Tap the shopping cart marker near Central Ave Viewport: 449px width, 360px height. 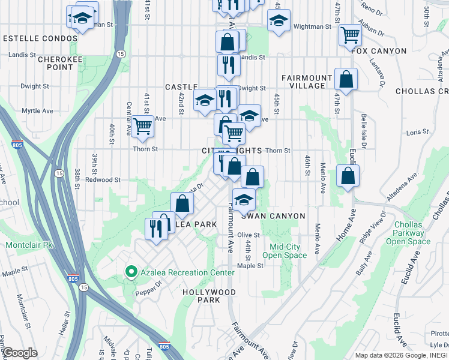pyautogui.click(x=143, y=127)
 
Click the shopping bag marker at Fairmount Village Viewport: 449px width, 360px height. pyautogui.click(x=346, y=79)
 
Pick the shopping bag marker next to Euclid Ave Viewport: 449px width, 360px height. pyautogui.click(x=348, y=176)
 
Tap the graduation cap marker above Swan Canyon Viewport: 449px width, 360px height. pyautogui.click(x=244, y=200)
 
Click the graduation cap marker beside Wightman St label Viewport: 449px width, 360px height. pyautogui.click(x=279, y=21)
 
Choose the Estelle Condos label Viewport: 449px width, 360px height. pyautogui.click(x=40, y=38)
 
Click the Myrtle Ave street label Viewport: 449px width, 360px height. pyautogui.click(x=37, y=110)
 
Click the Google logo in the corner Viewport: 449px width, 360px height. pyautogui.click(x=20, y=353)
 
